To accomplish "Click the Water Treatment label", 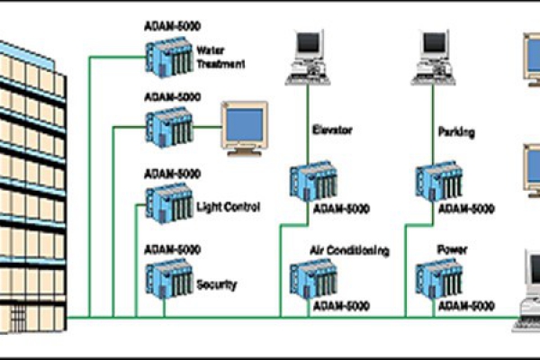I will pos(220,57).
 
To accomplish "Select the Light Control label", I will pos(228,207).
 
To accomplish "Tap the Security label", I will pos(216,285).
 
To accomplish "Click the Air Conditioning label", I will pos(349,251).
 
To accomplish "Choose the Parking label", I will pos(456,131).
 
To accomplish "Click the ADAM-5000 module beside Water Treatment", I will pos(168,56).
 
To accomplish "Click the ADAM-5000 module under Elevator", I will pos(313,179).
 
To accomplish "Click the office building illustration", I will pos(34,180).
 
